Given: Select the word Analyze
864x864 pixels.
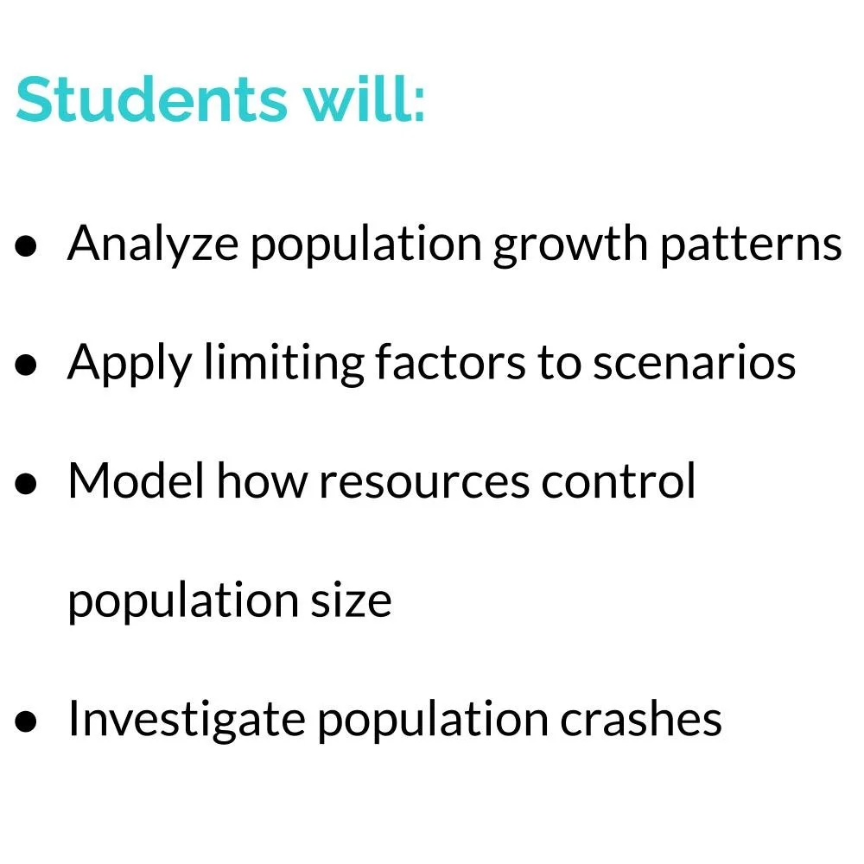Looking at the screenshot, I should pos(152,245).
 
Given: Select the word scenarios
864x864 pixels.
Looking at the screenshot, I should pos(694,363).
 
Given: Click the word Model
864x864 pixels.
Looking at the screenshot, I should pos(137,481).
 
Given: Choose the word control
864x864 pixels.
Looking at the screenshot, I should pos(619,481).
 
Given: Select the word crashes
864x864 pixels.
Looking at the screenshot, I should pos(640,720).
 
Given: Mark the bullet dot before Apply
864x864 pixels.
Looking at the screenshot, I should pos(26,365).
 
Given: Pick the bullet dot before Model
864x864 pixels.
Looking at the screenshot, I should pos(26,484).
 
